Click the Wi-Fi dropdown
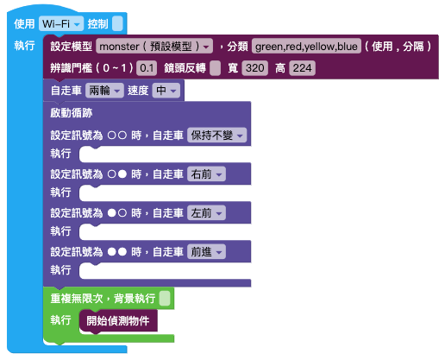[x=61, y=23]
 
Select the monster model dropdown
[x=154, y=46]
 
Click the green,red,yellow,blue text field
[x=306, y=46]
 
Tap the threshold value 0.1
[x=147, y=68]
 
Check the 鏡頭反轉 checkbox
[x=215, y=68]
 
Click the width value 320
[x=255, y=68]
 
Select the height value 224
[x=302, y=68]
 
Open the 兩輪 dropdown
[x=104, y=91]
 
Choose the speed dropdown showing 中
[x=166, y=91]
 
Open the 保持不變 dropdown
[x=217, y=135]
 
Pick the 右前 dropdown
[x=206, y=174]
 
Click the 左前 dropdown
[x=206, y=213]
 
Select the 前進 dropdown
[x=206, y=252]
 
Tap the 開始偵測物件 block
[x=118, y=321]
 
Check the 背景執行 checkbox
[x=165, y=298]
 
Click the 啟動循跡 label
[x=72, y=113]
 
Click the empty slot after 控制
[x=117, y=23]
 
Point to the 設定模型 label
[x=72, y=46]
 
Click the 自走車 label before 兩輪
[x=66, y=91]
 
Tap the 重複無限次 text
[x=77, y=298]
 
